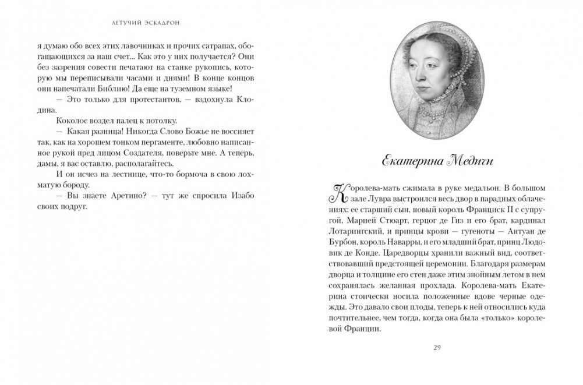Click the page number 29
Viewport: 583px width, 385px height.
click(438, 348)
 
